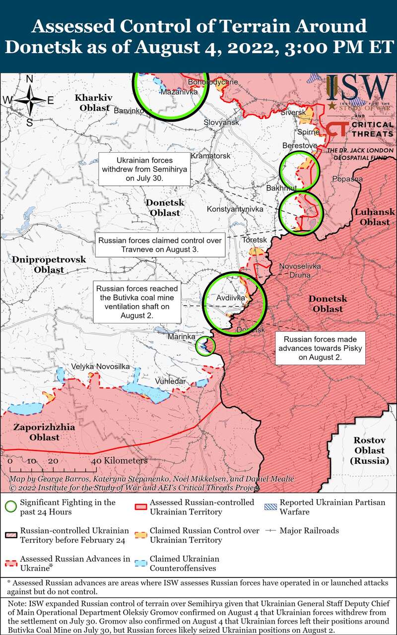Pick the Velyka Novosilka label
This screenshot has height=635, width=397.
(x=101, y=366)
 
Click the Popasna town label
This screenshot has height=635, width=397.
(x=348, y=179)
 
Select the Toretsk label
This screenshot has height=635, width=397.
(x=255, y=240)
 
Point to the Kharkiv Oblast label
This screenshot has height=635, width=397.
(x=94, y=101)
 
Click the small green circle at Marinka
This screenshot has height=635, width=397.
(x=205, y=346)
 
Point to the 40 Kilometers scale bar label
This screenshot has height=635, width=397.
(x=119, y=461)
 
